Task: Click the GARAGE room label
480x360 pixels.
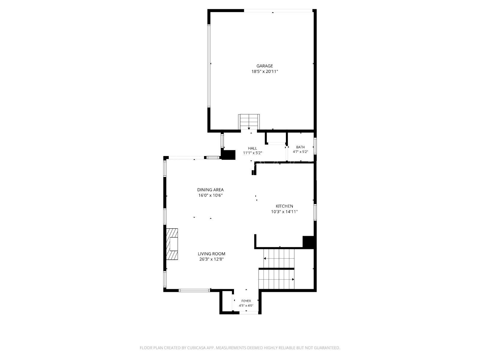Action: click(265, 66)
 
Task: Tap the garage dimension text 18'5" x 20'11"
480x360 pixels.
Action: click(265, 71)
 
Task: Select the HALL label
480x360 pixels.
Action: click(252, 148)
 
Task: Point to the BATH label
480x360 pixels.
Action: click(300, 147)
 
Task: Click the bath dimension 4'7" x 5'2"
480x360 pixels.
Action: click(300, 152)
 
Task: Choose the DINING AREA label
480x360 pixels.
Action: click(210, 190)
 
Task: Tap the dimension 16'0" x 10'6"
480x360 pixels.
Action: click(210, 195)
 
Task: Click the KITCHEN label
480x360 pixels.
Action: click(284, 206)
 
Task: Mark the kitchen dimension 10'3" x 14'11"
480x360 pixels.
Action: click(284, 211)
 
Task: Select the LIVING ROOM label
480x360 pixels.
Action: click(211, 254)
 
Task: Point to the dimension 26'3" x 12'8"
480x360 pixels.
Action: click(211, 259)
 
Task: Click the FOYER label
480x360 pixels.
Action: click(246, 301)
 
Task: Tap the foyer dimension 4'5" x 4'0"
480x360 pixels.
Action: click(246, 306)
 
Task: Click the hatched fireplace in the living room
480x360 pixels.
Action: click(172, 244)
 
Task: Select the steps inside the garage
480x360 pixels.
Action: click(249, 122)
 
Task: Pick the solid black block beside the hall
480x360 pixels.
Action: click(228, 154)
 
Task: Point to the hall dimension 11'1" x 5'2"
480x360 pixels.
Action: click(252, 153)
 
